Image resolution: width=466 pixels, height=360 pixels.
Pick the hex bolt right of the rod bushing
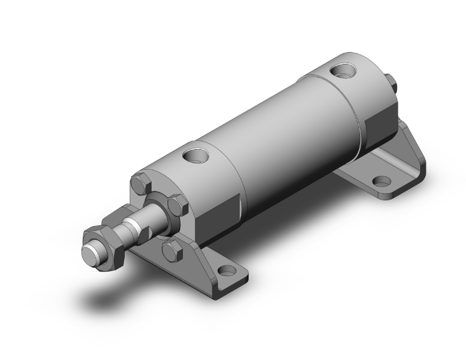tap(178, 205)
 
